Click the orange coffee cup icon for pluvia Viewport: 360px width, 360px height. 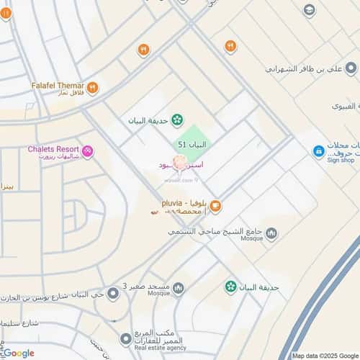[x=215, y=207]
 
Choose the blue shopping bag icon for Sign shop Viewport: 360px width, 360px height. [x=318, y=151]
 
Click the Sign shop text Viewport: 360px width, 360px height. [x=342, y=161]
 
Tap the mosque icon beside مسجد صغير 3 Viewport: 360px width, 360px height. [x=178, y=288]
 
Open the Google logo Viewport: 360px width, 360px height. [x=19, y=353]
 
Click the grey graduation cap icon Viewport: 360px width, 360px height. [x=309, y=9]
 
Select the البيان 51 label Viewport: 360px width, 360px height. [x=192, y=145]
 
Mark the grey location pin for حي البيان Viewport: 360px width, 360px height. [x=111, y=293]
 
